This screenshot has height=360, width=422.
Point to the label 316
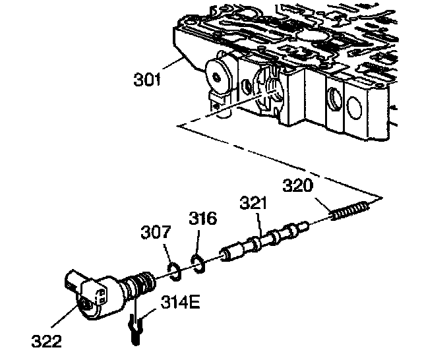203,219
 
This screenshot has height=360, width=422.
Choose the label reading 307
156,233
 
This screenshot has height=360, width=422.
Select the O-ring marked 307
175,268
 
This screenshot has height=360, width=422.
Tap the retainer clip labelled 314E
135,327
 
